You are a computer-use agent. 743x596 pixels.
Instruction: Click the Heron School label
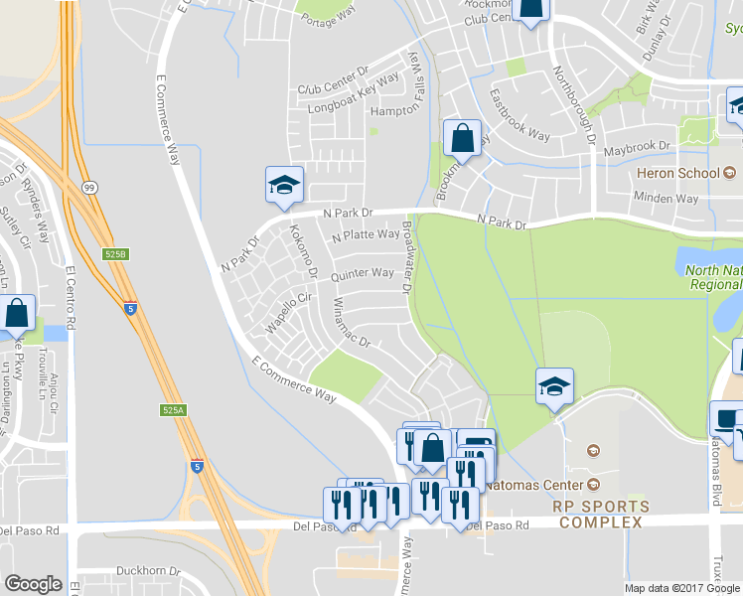[677, 174]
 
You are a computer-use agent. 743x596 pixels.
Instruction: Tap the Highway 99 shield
[90, 186]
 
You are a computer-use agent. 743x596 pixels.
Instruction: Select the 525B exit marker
[116, 254]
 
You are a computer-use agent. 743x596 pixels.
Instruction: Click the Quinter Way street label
[362, 274]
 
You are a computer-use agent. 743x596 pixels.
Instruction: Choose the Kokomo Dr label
[302, 250]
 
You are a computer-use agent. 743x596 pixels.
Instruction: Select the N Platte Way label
[365, 235]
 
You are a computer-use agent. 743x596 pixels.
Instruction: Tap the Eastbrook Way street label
[520, 114]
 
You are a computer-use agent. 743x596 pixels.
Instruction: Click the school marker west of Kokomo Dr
[284, 186]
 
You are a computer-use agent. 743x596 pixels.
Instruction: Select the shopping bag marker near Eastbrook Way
[463, 137]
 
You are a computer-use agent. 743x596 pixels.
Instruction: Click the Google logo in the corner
[34, 584]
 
